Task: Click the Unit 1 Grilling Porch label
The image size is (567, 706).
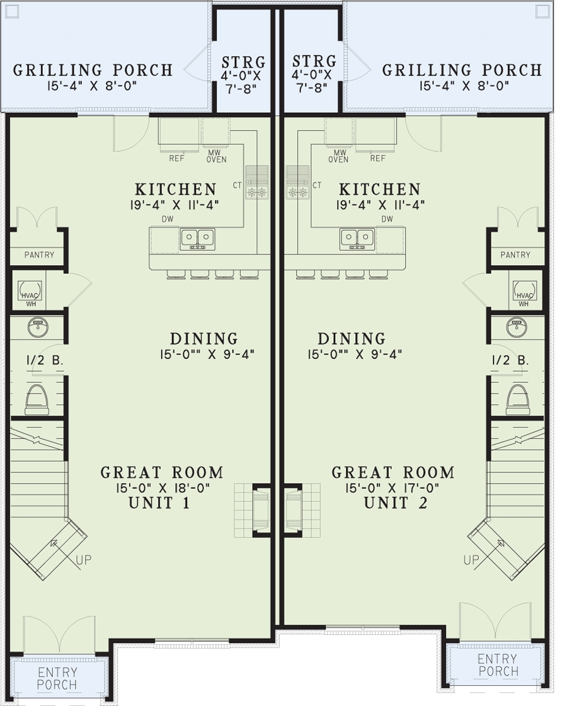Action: (93, 70)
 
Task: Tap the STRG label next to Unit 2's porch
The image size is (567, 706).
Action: (314, 62)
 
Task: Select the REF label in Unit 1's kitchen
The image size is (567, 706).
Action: (176, 158)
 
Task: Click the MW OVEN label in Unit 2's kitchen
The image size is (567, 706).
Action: (338, 156)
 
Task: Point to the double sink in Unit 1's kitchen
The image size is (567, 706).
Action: (197, 238)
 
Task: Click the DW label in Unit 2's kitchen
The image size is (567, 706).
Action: (387, 219)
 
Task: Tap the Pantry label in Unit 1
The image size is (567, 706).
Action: (39, 255)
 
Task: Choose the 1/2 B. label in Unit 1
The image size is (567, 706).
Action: (38, 361)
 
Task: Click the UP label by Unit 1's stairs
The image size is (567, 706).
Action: (83, 559)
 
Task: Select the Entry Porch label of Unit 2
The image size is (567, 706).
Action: (497, 665)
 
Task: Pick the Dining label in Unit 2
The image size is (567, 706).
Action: (351, 339)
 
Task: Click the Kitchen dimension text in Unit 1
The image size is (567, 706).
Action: (176, 204)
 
